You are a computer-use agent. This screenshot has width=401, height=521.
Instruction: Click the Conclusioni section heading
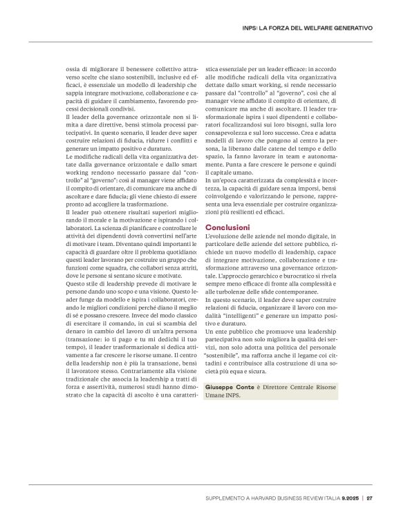231,227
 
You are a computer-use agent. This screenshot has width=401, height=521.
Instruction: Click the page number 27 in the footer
370,497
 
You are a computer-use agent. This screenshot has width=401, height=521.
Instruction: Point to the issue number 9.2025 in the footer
350,497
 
